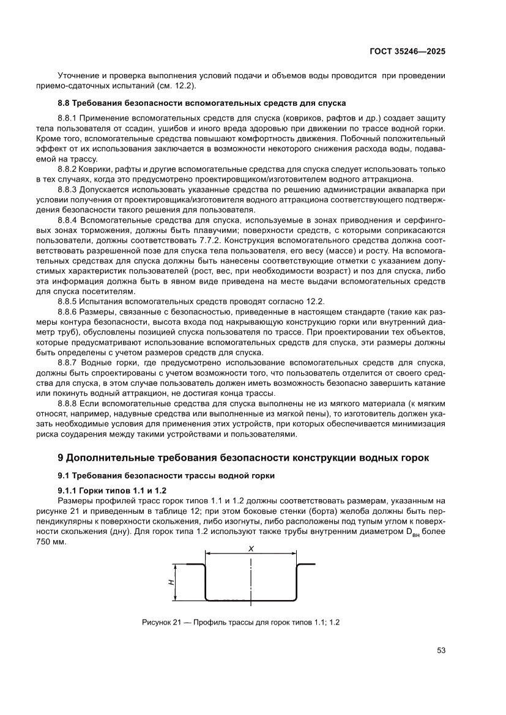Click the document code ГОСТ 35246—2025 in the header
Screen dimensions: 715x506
coord(407,52)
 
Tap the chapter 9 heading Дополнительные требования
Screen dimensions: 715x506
coord(244,458)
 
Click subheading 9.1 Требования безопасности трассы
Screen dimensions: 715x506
coord(166,475)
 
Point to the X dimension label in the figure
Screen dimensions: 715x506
coord(251,549)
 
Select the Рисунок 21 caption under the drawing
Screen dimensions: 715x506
coord(240,622)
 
